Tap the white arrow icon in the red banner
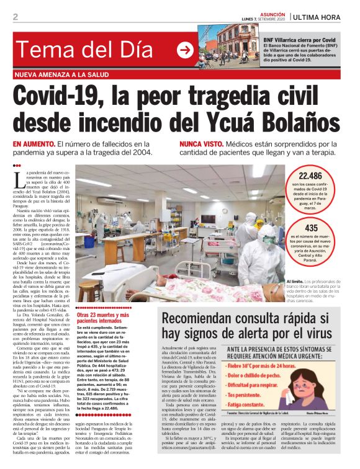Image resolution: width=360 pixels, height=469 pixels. [x=185, y=50]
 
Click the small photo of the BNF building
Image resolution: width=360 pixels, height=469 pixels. [x=228, y=46]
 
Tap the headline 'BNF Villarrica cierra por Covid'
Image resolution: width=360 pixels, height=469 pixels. [x=299, y=39]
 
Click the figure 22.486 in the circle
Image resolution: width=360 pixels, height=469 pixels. [x=310, y=176]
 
